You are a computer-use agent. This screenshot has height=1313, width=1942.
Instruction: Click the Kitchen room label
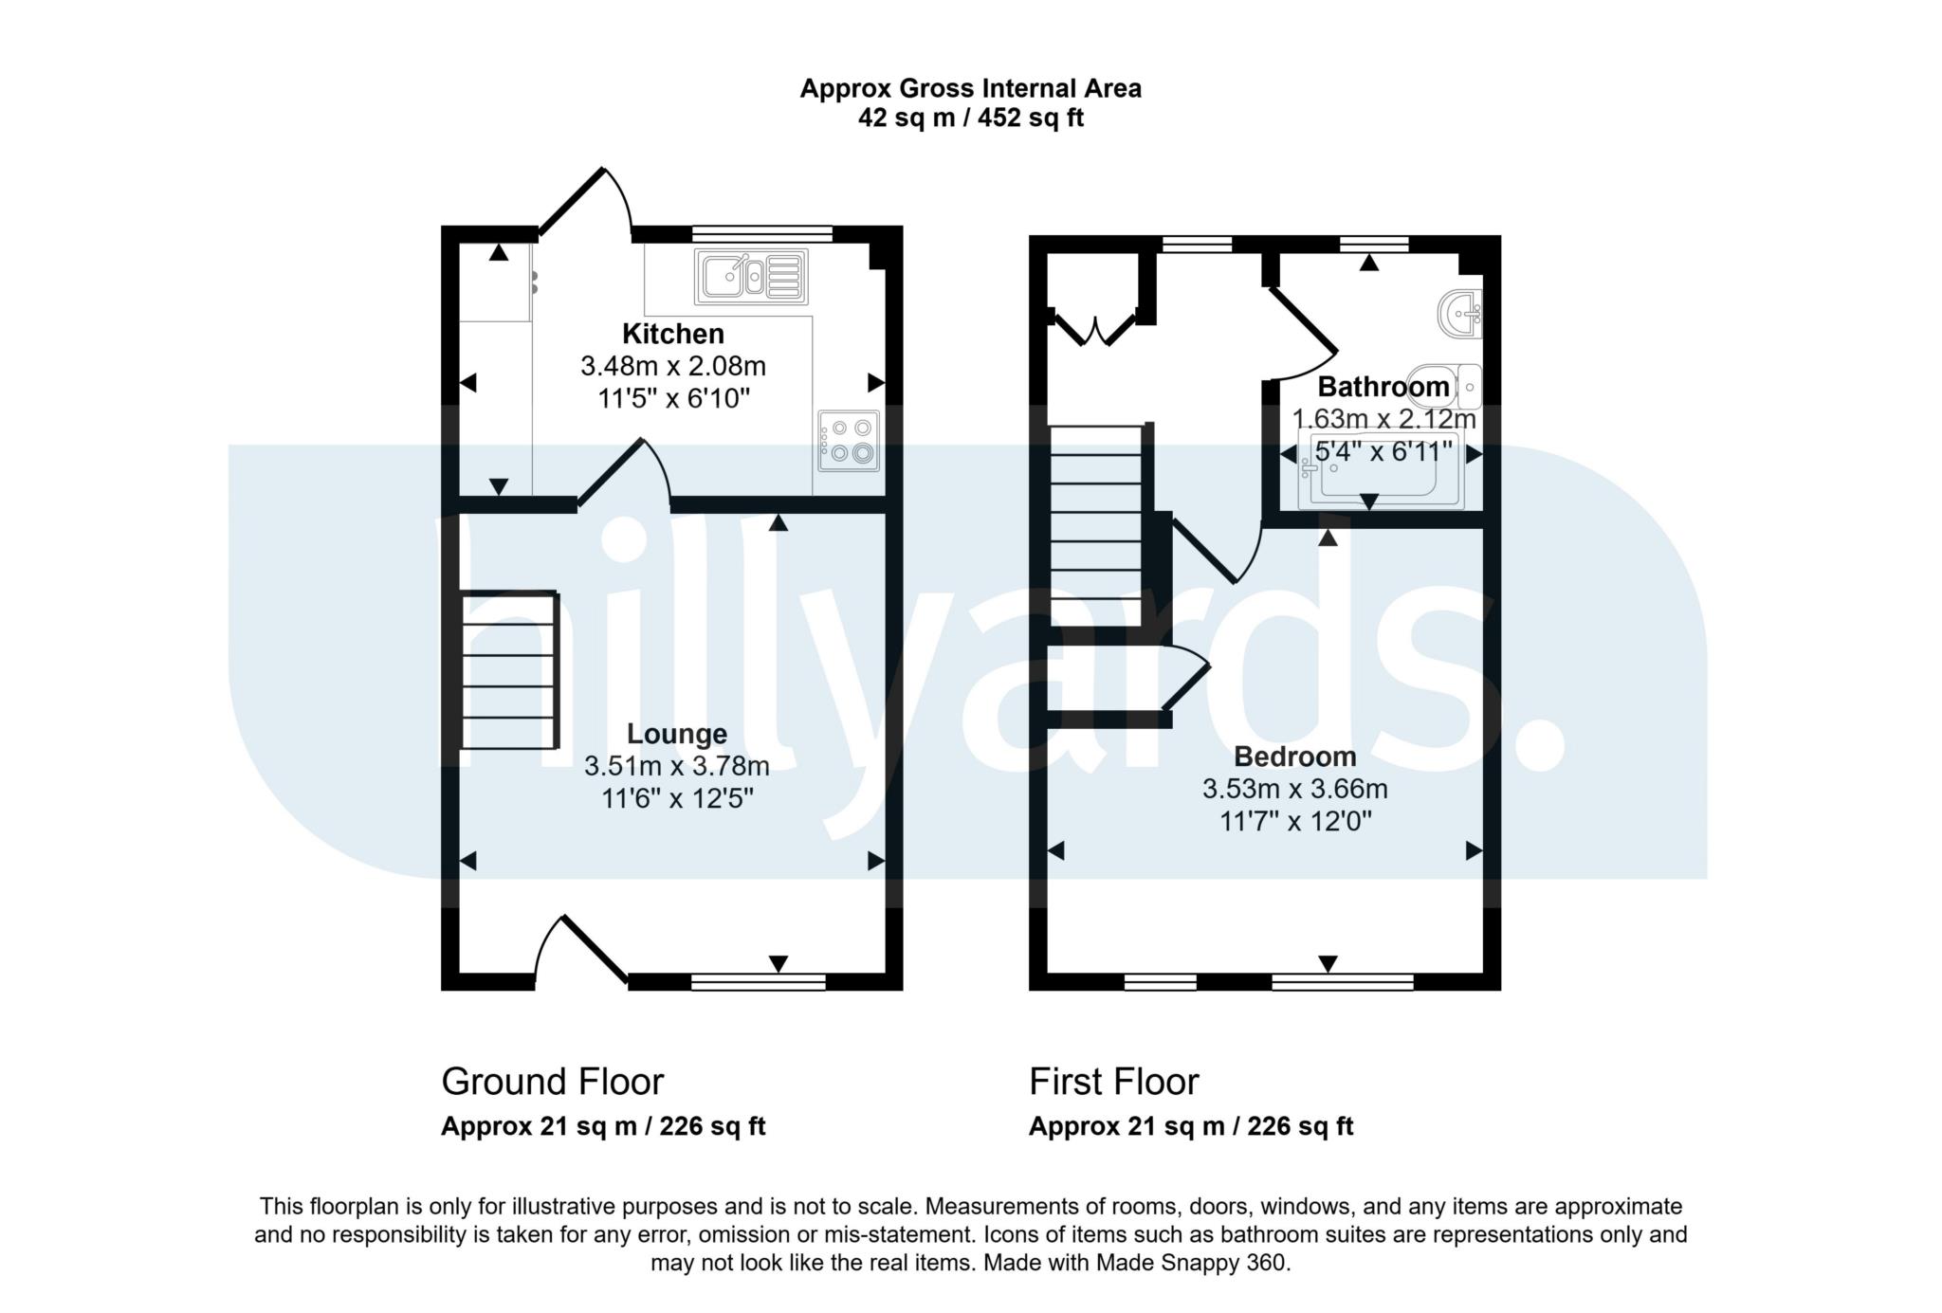pos(672,334)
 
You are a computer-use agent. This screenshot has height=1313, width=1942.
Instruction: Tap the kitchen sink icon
pos(750,277)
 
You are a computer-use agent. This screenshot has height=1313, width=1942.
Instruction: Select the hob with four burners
pos(849,441)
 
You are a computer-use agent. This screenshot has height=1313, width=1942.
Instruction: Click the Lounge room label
pos(677,734)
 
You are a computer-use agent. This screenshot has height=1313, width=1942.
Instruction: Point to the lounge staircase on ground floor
pos(508,669)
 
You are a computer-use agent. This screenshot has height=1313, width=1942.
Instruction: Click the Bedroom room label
pos(1294,757)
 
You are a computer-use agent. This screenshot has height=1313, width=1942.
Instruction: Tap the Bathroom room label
pos(1383,387)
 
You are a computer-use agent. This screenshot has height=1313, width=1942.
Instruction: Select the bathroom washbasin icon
pos(1459,313)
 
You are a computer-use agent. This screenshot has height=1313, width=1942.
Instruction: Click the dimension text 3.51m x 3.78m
pos(676,766)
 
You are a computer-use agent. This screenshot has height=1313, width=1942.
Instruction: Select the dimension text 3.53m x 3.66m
pos(1294,789)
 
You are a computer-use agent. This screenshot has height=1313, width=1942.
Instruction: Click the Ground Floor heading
pos(552,1082)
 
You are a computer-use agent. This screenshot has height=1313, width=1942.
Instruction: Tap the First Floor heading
pos(1113,1082)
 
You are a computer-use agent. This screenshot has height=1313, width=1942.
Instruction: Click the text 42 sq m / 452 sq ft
pos(970,119)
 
